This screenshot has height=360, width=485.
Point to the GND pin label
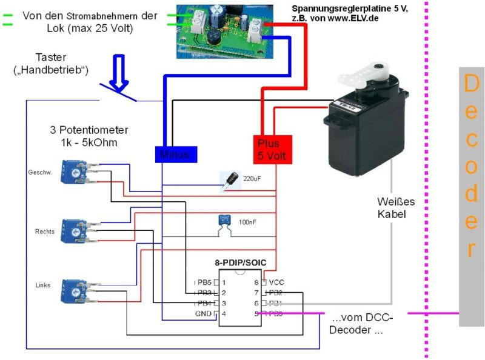203,313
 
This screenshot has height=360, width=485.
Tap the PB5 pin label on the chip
202,282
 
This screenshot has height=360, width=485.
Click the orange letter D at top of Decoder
471,84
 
